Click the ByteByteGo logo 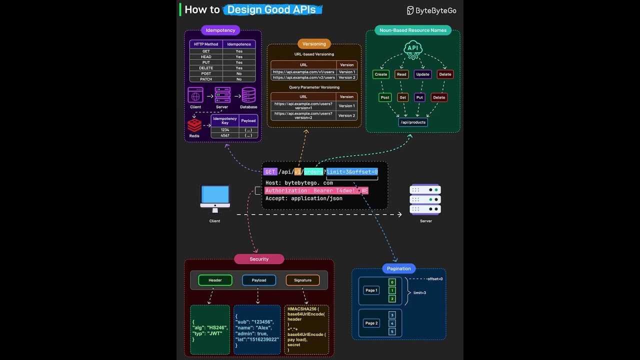(431, 10)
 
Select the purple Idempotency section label (220, 30)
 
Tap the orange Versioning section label (314, 44)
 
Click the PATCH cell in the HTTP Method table (206, 79)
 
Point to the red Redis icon (194, 125)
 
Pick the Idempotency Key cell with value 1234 (224, 129)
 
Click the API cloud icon (412, 49)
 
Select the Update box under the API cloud (422, 74)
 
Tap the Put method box (420, 97)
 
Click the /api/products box (413, 122)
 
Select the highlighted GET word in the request (270, 172)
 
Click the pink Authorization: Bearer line (316, 190)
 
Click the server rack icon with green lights (425, 199)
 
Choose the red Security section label (259, 259)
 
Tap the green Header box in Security (215, 280)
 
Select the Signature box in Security (302, 280)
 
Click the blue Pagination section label (398, 268)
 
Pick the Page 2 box (371, 323)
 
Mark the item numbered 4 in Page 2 (392, 323)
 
